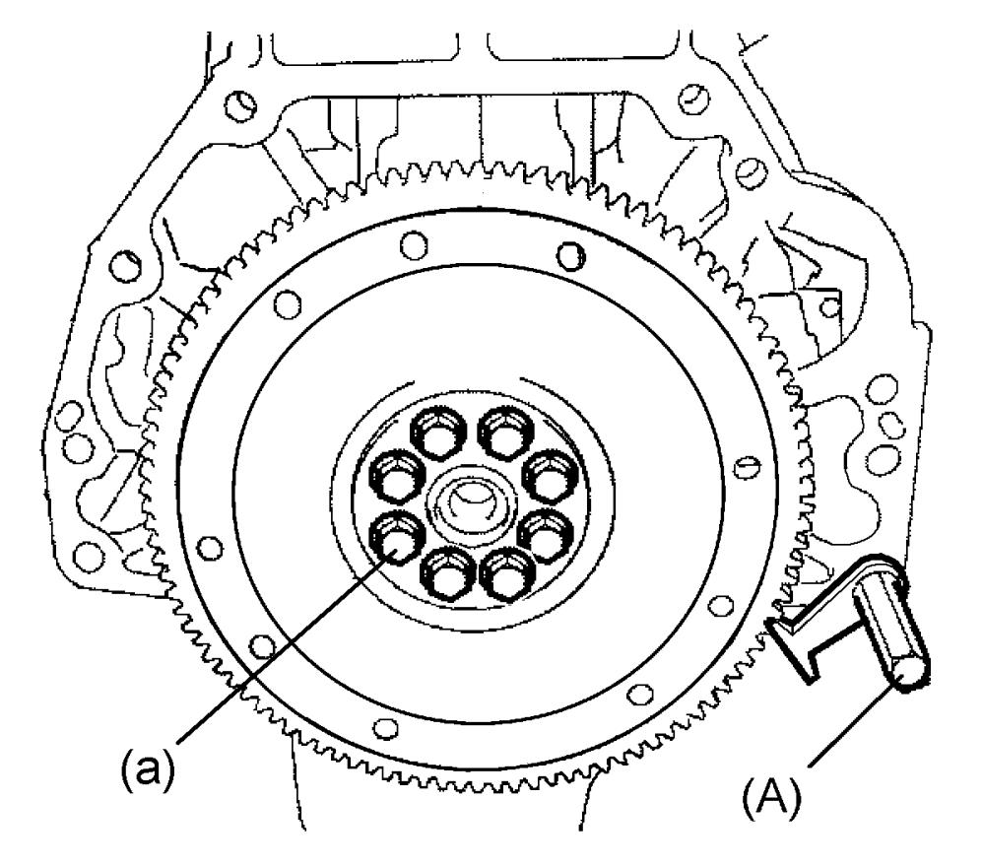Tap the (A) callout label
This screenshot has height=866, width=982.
(x=771, y=797)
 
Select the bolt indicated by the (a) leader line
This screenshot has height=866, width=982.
(x=397, y=538)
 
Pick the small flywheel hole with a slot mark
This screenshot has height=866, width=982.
(x=749, y=465)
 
